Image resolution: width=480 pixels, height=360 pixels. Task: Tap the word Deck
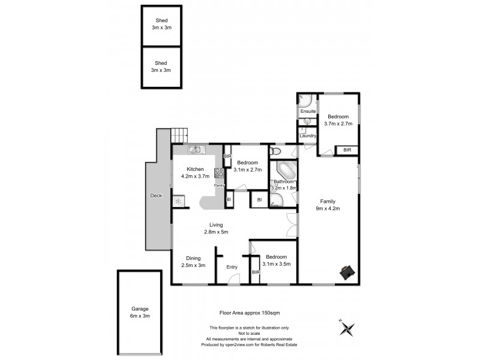tap(155, 196)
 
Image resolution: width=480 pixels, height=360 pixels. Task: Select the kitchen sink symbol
tap(195, 150)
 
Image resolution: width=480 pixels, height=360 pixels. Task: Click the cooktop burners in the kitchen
tap(219, 173)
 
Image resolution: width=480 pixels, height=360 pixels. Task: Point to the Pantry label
tap(220, 185)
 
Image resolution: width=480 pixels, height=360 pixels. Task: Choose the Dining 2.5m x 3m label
tap(193, 262)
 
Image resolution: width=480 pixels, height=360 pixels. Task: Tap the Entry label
tap(232, 267)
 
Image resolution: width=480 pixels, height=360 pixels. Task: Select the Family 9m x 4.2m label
tap(328, 205)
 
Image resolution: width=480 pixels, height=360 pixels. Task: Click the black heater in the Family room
tap(346, 272)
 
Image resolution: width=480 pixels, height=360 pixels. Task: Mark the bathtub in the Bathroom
tap(286, 170)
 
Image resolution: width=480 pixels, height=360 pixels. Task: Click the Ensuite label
tap(308, 112)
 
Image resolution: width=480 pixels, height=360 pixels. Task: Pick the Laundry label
tap(308, 136)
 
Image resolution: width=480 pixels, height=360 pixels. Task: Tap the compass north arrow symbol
tap(347, 328)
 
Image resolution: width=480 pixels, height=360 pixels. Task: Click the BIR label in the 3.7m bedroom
tap(347, 150)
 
